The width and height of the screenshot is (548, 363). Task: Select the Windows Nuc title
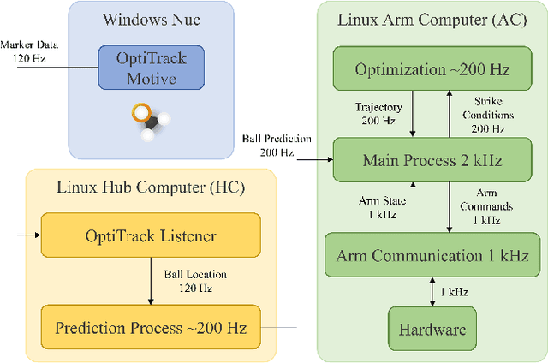click(152, 19)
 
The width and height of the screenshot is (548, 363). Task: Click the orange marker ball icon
click(141, 112)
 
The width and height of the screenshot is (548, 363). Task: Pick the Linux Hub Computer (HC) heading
click(150, 187)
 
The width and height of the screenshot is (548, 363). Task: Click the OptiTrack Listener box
click(151, 235)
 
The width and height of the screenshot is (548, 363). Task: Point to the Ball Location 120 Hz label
click(195, 281)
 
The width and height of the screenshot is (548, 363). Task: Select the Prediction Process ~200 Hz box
click(151, 327)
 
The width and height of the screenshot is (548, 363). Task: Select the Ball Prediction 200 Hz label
click(277, 146)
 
